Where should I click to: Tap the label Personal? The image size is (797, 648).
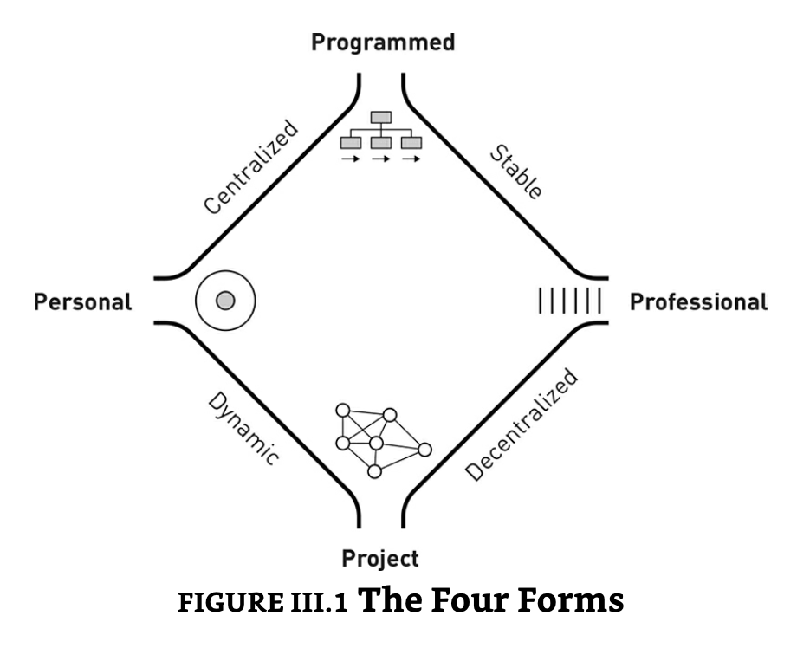(83, 302)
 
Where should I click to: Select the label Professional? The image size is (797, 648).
(698, 302)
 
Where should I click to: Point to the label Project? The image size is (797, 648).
(380, 558)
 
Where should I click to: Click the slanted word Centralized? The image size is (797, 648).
(250, 168)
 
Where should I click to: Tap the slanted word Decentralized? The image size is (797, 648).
(521, 424)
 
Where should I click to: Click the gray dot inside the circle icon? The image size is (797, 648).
(225, 301)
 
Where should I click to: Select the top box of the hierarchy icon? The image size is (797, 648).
(381, 117)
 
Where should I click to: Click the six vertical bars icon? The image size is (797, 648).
(569, 301)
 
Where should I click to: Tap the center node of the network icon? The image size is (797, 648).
(375, 444)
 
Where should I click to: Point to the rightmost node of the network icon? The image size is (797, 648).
(424, 449)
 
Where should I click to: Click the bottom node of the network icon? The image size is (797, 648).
(374, 471)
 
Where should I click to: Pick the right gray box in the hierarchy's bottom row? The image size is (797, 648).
(411, 141)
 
